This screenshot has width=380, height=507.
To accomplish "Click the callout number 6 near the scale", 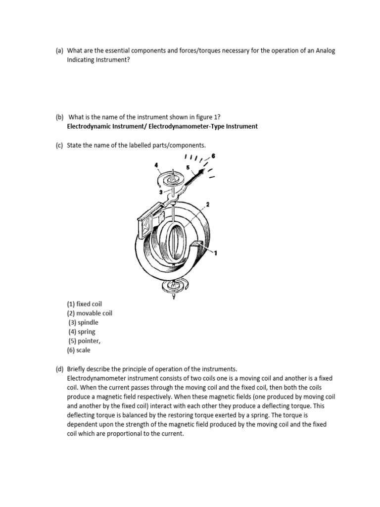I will (x=213, y=156).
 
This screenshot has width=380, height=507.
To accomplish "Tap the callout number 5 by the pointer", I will (x=188, y=167).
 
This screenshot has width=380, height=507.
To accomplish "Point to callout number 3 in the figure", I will (x=160, y=192).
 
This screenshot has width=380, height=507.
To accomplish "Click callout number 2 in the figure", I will (x=208, y=204).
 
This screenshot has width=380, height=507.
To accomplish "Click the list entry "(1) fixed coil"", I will (x=85, y=304).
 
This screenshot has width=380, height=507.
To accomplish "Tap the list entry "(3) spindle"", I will (x=84, y=322).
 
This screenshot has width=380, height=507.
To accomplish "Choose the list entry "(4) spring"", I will (x=82, y=332).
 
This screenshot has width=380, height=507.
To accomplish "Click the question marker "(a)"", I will (x=59, y=51).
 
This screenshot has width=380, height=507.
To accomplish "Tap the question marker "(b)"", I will (x=59, y=117).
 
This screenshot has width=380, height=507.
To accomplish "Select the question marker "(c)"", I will (x=59, y=145).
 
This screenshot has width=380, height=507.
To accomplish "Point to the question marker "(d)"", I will (x=59, y=369).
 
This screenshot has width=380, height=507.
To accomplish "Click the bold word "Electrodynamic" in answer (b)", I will (x=90, y=126).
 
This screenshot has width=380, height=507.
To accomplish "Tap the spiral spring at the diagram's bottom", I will (x=174, y=286).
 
